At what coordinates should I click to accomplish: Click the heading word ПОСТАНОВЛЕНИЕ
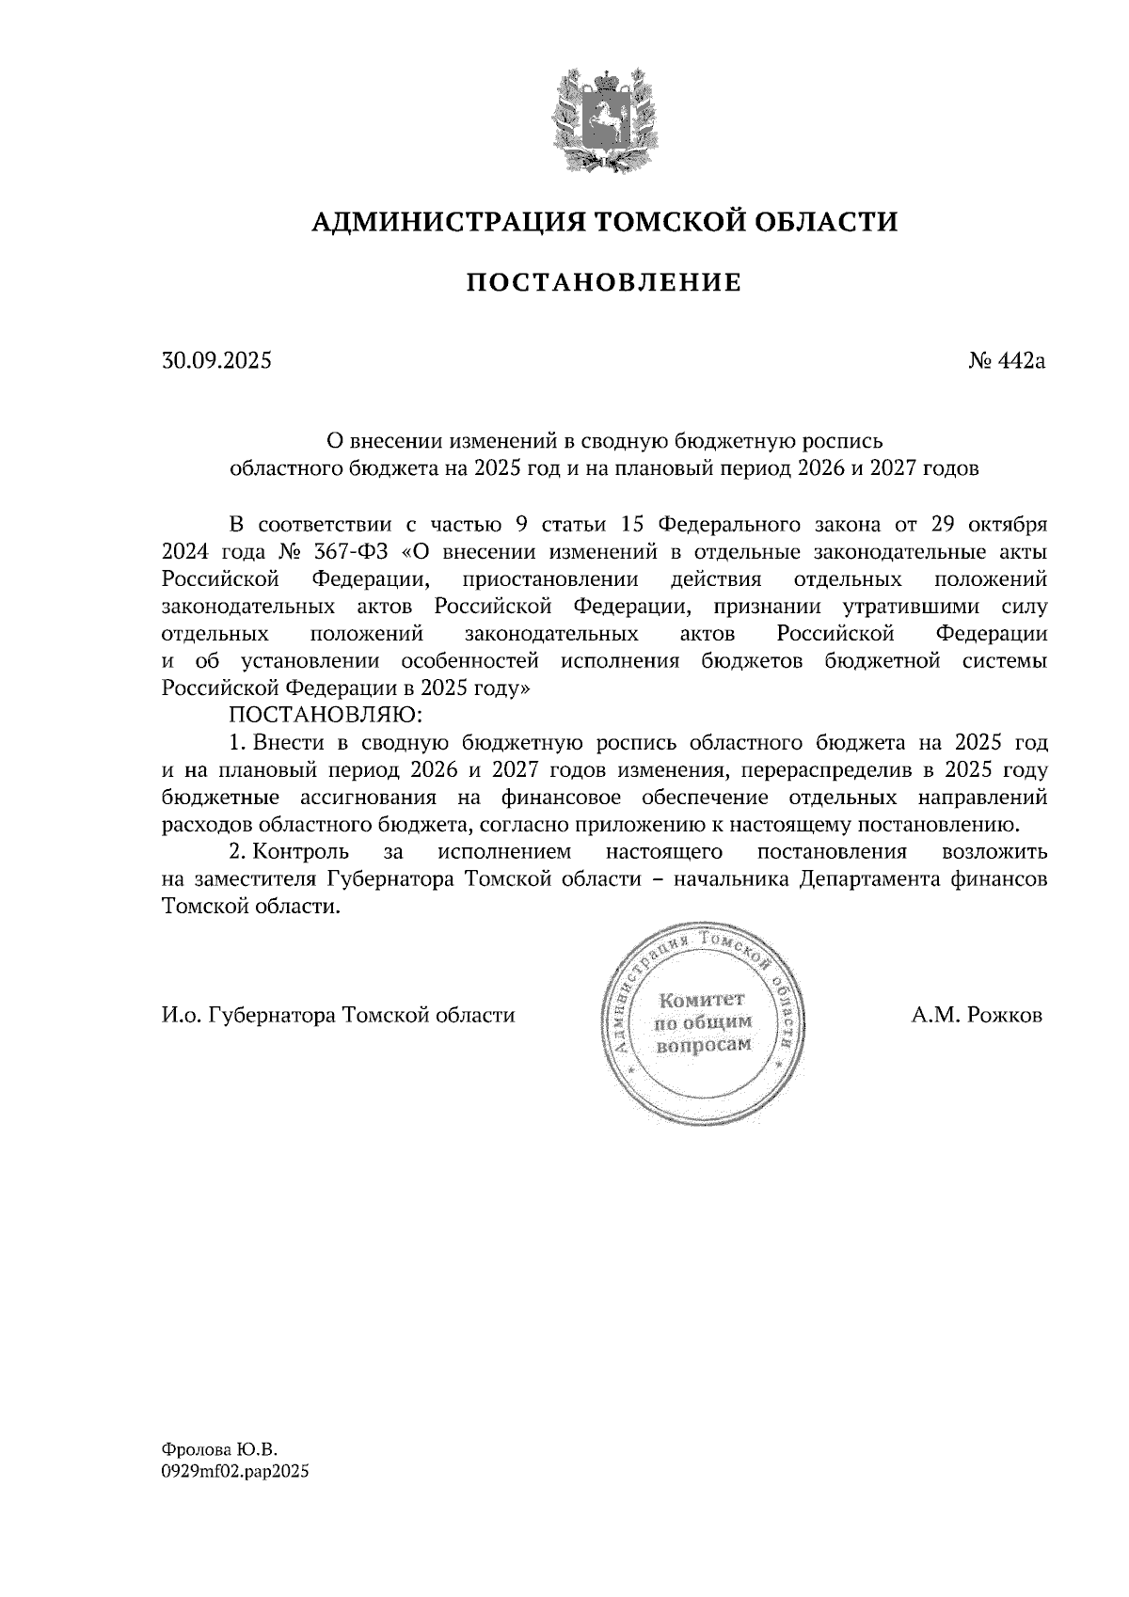click(x=603, y=282)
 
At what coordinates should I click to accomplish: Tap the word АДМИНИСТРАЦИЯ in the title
click(x=437, y=222)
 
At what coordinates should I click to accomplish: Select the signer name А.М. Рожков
click(x=977, y=1016)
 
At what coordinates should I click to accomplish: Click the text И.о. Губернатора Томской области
click(x=339, y=1016)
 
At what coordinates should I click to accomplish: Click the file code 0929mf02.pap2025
click(x=235, y=1473)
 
